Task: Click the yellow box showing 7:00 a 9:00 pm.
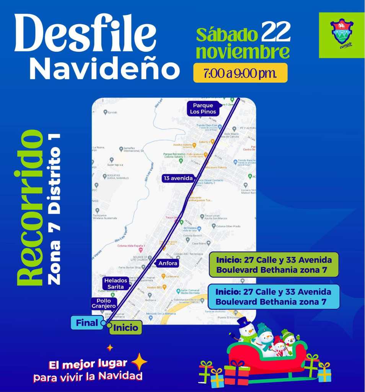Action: (x=240, y=73)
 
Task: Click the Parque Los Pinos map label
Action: (x=203, y=109)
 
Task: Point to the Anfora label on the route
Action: (x=168, y=263)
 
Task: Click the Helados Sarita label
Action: (x=116, y=284)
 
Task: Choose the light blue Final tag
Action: (x=87, y=323)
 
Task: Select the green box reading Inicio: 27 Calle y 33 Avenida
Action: (x=274, y=265)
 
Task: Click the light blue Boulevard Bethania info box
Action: (x=274, y=297)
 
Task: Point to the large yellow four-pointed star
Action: (x=139, y=361)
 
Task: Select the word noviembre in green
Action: (x=242, y=53)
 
